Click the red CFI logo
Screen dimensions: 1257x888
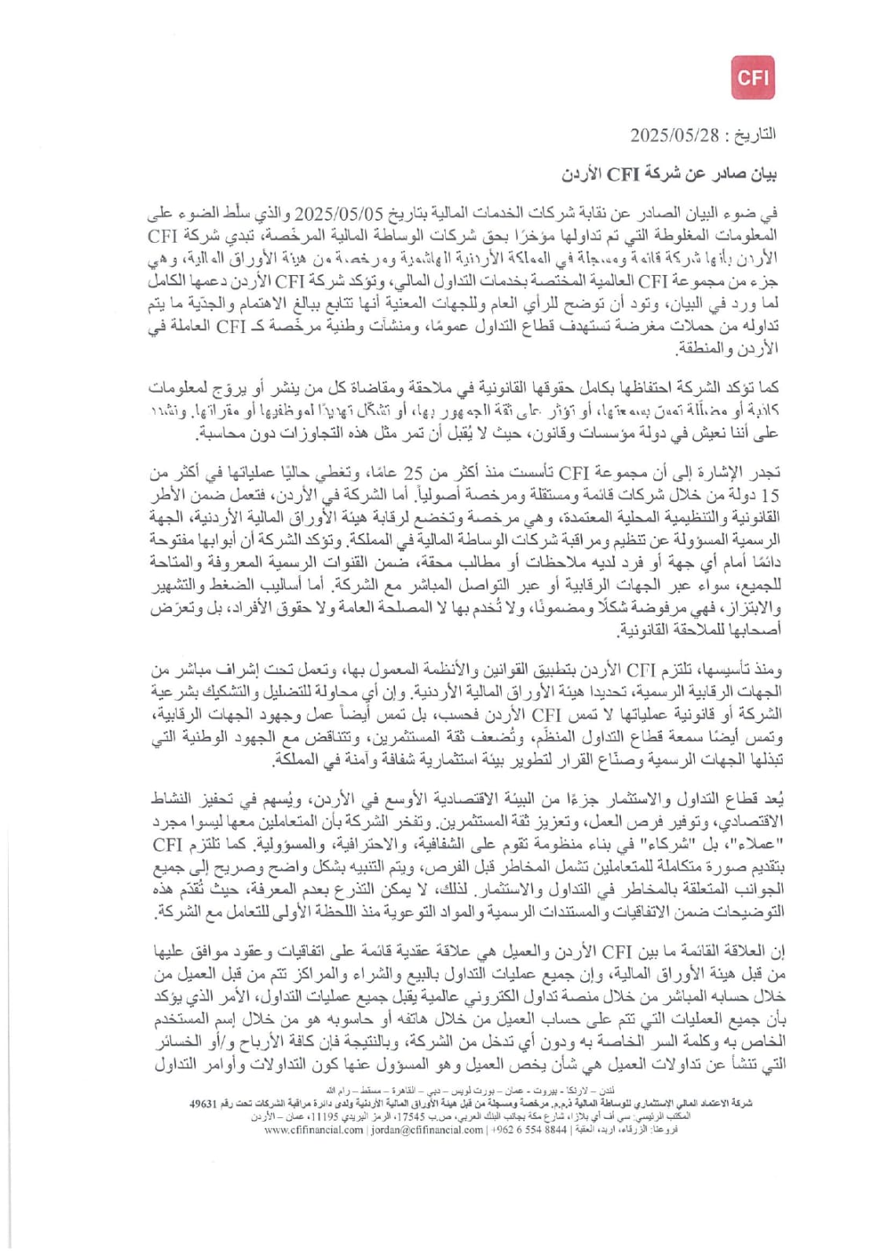(x=752, y=78)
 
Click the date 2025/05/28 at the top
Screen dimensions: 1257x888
(x=674, y=135)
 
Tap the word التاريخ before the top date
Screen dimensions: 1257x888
(x=755, y=135)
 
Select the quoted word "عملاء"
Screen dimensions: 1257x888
(x=757, y=845)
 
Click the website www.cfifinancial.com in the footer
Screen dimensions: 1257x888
(x=313, y=1130)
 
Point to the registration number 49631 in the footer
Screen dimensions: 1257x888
(x=202, y=1103)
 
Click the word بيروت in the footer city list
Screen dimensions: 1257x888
(x=545, y=1092)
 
